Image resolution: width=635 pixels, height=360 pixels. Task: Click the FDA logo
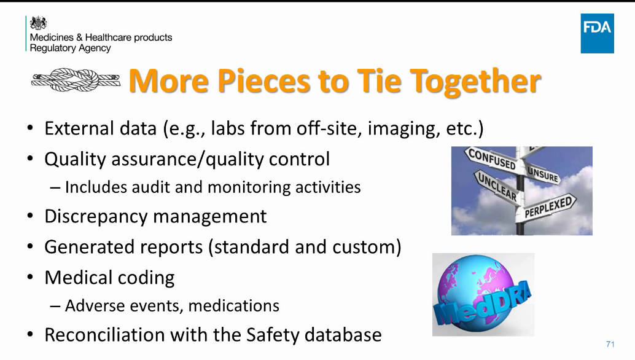click(x=597, y=32)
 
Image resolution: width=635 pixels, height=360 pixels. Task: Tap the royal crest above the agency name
click(x=38, y=23)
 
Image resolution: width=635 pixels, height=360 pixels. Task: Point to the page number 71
click(x=610, y=343)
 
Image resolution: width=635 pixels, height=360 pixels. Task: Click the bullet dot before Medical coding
click(x=30, y=278)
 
